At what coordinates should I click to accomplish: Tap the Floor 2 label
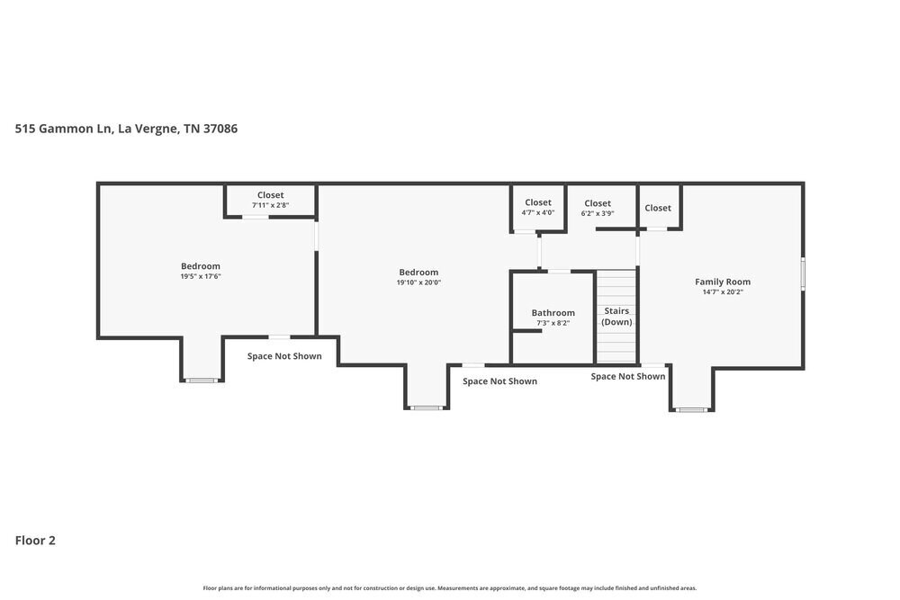(35, 541)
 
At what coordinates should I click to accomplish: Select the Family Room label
(722, 282)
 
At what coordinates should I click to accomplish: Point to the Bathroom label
(553, 313)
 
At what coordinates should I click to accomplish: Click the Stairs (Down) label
(616, 316)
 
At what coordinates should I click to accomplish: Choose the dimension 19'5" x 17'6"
(201, 277)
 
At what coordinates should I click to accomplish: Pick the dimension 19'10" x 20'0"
(418, 282)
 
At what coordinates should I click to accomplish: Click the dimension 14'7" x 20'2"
(722, 291)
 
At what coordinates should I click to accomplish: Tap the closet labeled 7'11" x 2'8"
(270, 205)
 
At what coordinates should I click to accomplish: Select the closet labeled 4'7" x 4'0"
(538, 212)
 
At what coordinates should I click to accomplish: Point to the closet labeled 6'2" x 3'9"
(597, 213)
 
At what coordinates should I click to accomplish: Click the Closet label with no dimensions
(658, 208)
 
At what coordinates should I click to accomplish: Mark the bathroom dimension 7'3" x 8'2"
(553, 323)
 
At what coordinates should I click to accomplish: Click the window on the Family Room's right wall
(803, 273)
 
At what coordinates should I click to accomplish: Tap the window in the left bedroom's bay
(202, 381)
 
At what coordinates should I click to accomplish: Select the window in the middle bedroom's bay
(426, 408)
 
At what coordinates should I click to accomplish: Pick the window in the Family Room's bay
(691, 410)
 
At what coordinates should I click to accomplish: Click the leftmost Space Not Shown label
(284, 356)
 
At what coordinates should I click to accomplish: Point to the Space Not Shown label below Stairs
(628, 376)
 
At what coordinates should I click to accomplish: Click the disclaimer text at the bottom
(450, 587)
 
